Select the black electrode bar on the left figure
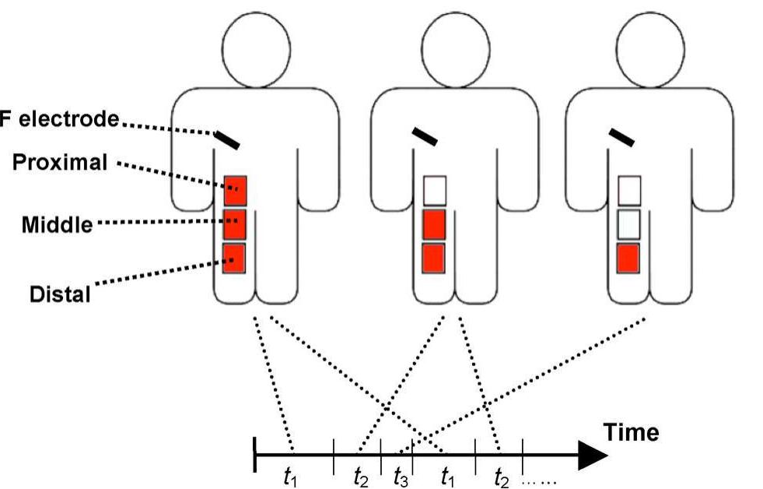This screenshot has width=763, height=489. click(227, 139)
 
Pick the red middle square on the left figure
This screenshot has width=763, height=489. click(235, 224)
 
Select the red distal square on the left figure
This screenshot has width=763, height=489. click(235, 258)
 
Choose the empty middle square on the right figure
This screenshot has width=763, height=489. click(628, 224)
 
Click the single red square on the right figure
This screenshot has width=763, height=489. click(628, 258)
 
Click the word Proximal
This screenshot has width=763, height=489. click(60, 164)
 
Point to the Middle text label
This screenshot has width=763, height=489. click(56, 226)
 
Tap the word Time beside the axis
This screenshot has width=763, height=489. click(631, 432)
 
